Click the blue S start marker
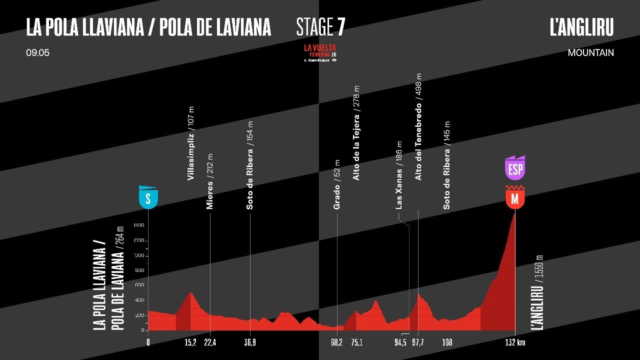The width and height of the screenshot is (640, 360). click(x=148, y=197)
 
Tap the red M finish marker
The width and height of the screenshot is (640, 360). click(x=515, y=198)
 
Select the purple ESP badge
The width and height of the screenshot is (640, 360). click(x=515, y=169)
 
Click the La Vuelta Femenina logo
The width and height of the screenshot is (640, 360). click(x=320, y=52)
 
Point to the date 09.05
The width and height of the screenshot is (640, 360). click(x=37, y=52)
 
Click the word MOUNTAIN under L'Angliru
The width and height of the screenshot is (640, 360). click(x=590, y=52)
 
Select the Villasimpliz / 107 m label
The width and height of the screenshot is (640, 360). click(x=190, y=144)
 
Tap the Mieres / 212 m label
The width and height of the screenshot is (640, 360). click(x=210, y=181)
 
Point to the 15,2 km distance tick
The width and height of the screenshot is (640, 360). click(x=190, y=342)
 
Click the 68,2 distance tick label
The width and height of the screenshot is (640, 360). click(x=336, y=342)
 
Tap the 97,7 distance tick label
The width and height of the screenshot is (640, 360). click(x=417, y=342)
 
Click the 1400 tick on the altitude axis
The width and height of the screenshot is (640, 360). click(x=138, y=226)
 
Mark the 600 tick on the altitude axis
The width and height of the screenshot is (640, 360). click(x=139, y=285)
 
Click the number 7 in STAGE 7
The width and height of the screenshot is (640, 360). click(x=340, y=27)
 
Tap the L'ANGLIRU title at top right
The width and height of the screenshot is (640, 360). click(x=581, y=27)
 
